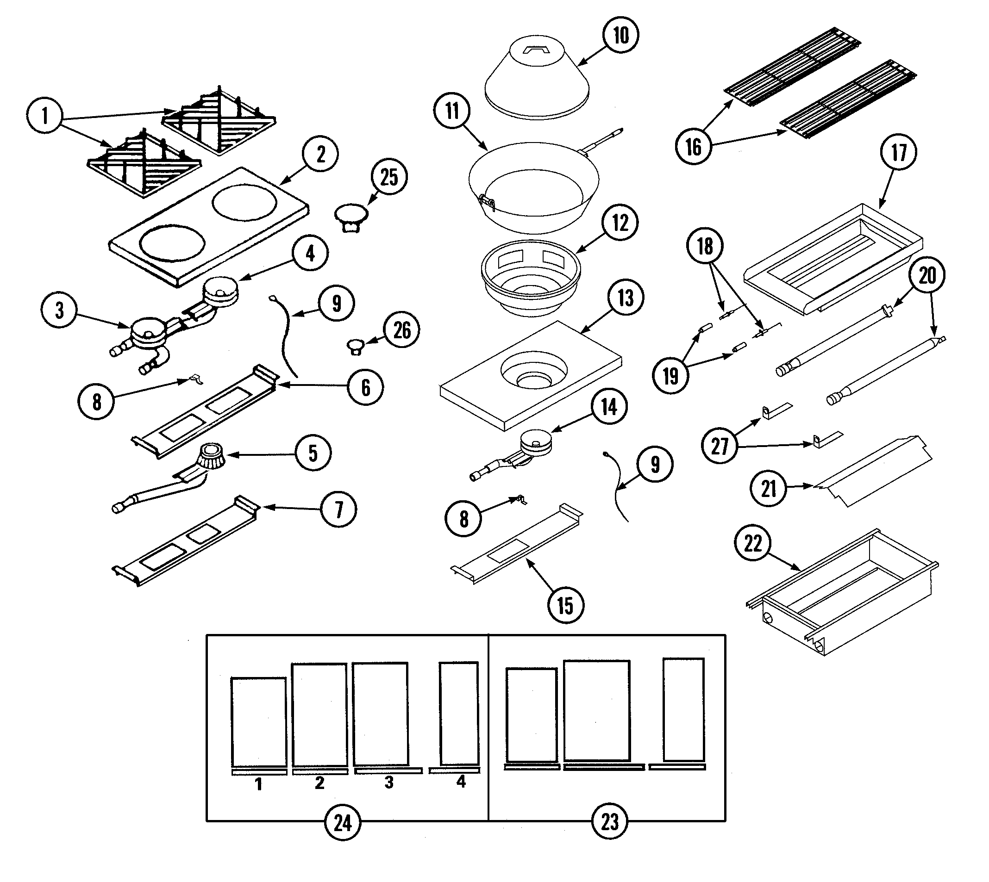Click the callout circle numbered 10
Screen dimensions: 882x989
620,35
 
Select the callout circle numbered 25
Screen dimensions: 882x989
389,177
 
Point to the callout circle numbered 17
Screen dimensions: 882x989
898,152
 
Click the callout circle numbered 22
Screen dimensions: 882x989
753,543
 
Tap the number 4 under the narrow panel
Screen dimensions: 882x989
461,781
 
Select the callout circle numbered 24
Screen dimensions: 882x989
342,822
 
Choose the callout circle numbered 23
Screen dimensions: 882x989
609,821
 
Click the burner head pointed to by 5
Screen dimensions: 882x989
211,455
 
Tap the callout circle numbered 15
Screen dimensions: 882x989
565,605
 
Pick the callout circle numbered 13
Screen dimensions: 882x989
626,298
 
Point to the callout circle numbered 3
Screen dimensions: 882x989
59,310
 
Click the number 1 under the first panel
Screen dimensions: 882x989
258,783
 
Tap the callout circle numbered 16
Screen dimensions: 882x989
693,146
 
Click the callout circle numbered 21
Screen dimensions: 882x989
769,489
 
